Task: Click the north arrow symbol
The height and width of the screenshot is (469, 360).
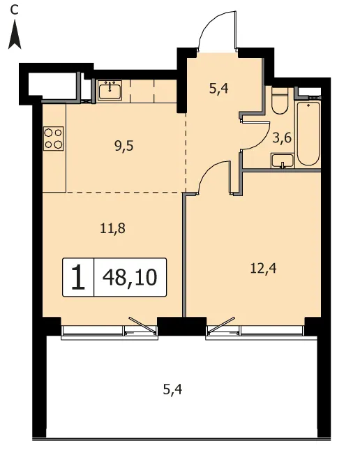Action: point(15,36)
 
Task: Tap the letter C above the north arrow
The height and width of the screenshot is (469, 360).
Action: point(14,10)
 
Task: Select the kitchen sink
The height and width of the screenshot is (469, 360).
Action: point(110,90)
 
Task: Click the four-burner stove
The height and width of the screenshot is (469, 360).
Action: point(54,138)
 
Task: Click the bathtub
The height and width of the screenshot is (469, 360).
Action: point(308,133)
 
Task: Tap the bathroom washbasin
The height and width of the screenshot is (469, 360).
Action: point(283,161)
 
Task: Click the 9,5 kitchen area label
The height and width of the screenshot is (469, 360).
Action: point(123,147)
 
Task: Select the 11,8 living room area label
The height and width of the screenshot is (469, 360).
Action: point(112,229)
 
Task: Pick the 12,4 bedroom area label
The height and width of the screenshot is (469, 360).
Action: point(264,269)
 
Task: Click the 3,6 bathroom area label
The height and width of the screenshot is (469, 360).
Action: point(282,139)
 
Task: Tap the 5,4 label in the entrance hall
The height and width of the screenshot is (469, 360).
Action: point(219,89)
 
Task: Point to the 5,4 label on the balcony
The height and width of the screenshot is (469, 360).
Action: point(172,389)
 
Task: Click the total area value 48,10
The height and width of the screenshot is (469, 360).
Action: point(130,278)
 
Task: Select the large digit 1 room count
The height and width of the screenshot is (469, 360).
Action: point(78,278)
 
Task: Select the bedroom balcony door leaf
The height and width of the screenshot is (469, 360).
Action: point(221,325)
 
